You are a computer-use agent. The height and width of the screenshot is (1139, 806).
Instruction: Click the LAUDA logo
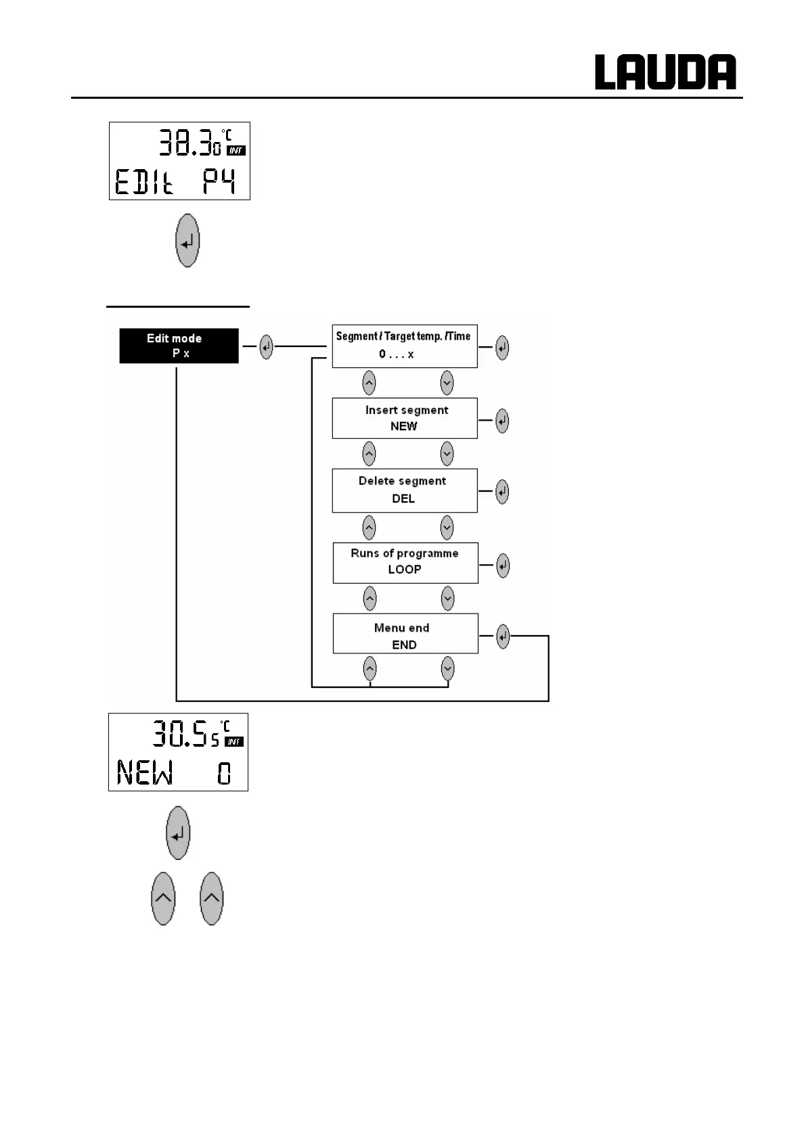pos(665,72)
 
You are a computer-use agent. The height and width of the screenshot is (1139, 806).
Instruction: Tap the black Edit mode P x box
pos(179,346)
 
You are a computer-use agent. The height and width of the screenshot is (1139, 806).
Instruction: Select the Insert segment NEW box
pos(405,418)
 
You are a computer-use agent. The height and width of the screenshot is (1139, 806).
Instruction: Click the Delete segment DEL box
pos(405,490)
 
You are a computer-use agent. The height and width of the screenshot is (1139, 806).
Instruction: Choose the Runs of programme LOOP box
pos(405,562)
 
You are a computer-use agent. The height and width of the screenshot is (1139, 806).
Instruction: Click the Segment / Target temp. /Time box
pos(404,346)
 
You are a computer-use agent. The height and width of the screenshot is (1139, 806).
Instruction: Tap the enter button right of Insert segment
pos(501,421)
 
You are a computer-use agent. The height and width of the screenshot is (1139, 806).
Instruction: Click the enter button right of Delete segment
pos(501,492)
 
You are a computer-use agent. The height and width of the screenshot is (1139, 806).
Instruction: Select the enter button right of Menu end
pos(502,636)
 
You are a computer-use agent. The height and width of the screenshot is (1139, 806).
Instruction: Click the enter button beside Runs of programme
pos(502,565)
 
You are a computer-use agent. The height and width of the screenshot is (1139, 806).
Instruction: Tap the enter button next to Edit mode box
pos(266,348)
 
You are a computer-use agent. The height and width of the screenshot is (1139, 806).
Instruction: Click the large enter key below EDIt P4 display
pos(187,241)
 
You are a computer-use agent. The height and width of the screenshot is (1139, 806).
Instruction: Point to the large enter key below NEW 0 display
pos(178,833)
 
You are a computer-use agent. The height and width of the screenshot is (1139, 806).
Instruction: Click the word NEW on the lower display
pos(145,772)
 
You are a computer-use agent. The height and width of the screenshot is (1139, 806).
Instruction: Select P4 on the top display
pos(219,182)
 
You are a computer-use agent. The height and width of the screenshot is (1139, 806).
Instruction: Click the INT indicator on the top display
pos(236,150)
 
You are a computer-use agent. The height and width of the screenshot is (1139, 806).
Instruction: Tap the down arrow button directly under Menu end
pos(447,669)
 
